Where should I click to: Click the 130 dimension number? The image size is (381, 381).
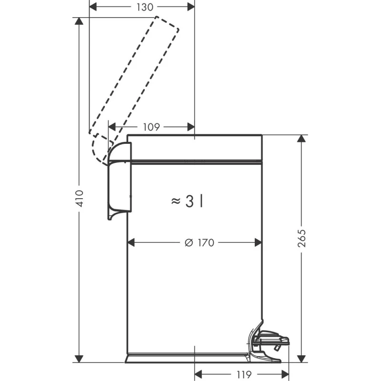click(145, 7)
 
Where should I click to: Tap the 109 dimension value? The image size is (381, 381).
click(151, 127)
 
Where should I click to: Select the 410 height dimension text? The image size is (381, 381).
click(80, 199)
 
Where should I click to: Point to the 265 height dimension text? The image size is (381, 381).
click(301, 238)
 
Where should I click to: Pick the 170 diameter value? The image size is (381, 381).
click(206, 242)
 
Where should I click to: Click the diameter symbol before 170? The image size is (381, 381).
click(189, 242)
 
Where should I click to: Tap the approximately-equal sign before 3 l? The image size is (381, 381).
click(176, 201)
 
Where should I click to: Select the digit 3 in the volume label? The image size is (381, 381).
click(189, 201)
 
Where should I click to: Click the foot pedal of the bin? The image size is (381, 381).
click(272, 339)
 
